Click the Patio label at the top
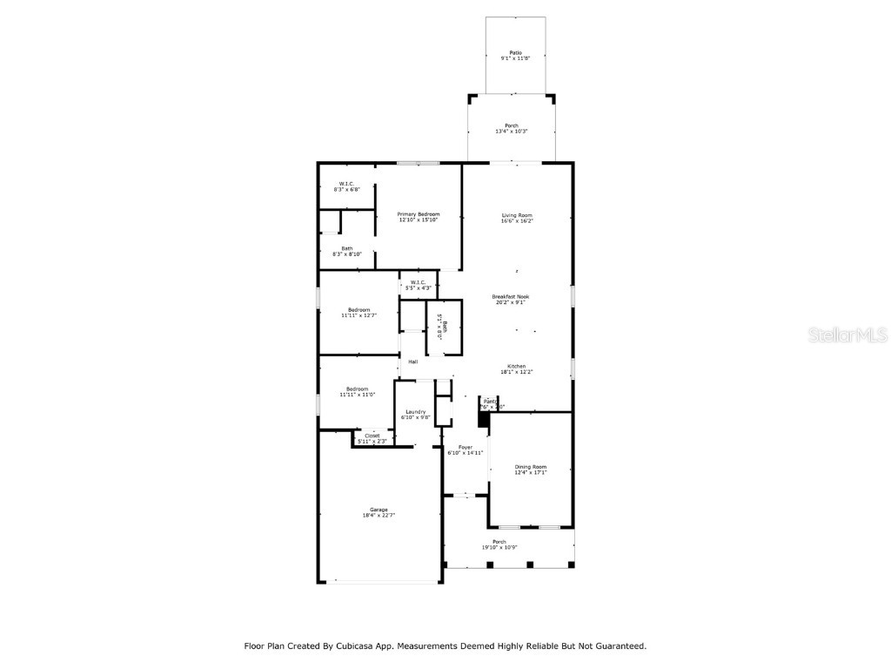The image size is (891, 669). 516,55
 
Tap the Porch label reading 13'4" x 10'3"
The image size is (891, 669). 512,128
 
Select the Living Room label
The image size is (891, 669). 517,218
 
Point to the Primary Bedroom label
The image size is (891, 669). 419,217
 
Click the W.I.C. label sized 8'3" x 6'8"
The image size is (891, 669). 346,186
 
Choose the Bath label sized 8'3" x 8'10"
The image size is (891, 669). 346,251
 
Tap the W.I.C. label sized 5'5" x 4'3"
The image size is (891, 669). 418,285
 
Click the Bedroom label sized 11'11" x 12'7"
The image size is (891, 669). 358,313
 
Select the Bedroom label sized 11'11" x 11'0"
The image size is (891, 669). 358,391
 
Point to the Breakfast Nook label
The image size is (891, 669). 511,299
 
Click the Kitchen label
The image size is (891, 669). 517,368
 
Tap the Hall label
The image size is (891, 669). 413,362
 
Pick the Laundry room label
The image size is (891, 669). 415,414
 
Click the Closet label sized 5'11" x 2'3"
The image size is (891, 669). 372,438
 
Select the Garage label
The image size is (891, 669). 379,512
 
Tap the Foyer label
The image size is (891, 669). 466,449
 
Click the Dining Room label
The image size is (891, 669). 531,470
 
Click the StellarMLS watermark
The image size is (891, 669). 847,334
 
